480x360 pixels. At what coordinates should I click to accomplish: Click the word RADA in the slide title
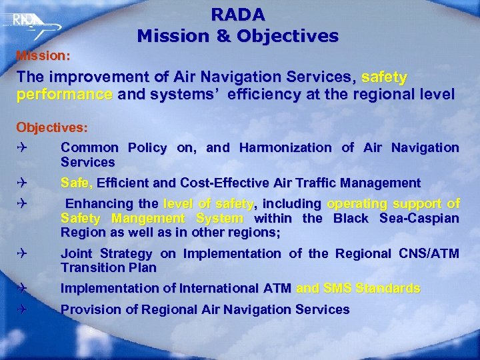coord(238,14)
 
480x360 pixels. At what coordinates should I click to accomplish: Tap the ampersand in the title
coord(218,36)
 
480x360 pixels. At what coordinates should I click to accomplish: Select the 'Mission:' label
coord(43,55)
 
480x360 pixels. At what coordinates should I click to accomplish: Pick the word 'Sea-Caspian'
coord(419,218)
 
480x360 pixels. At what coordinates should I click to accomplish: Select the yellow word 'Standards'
coord(388,289)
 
